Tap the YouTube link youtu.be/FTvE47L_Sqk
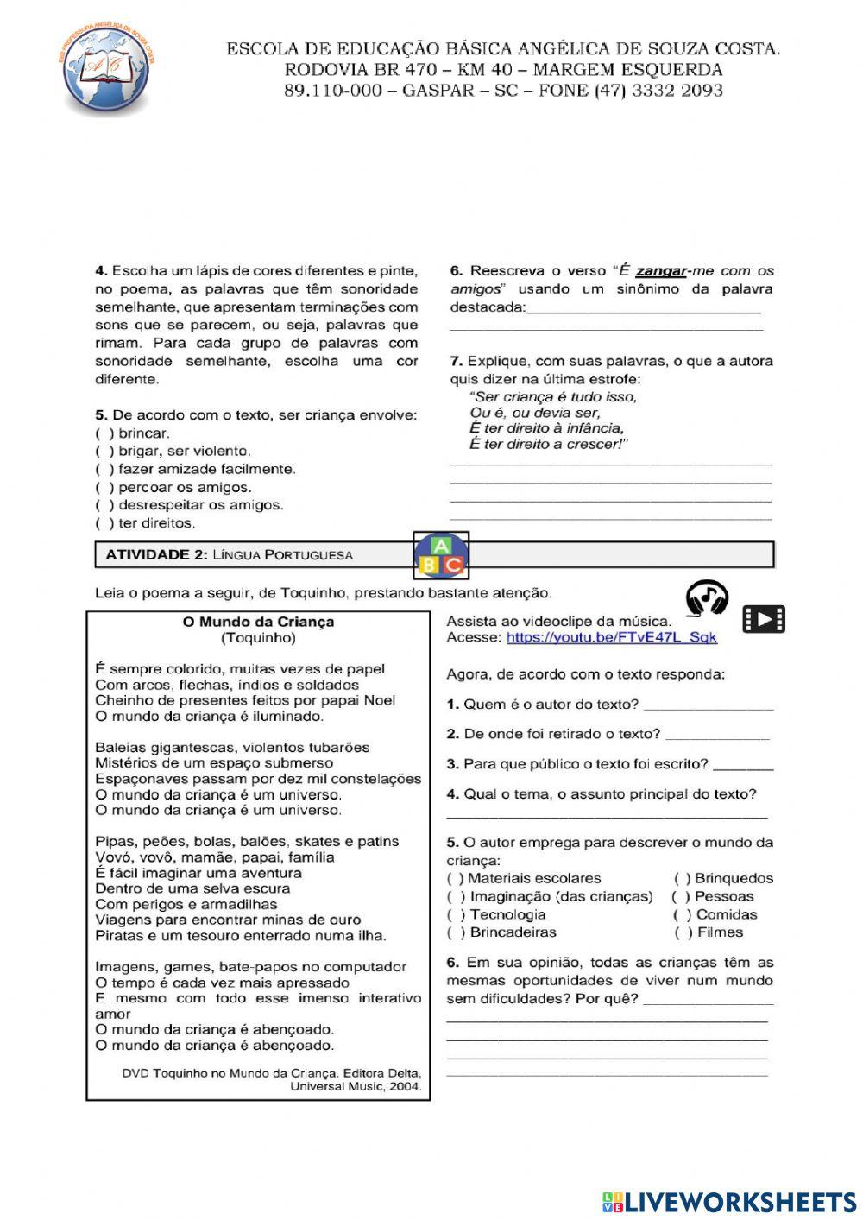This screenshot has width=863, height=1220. coord(611,637)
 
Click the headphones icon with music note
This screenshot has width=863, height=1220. coord(707,597)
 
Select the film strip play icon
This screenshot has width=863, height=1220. coord(764,618)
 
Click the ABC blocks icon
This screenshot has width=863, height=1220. coord(441,555)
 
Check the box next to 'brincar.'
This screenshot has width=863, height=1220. coord(104,433)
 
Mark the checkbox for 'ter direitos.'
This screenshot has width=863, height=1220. coord(104,523)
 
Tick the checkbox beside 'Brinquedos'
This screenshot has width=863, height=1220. coord(683,878)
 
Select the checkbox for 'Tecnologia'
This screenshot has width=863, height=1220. coord(456,914)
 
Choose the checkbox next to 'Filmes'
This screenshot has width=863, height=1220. coord(683,932)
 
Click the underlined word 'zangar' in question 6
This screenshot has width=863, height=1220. coord(661,271)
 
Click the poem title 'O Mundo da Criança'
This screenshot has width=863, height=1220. coord(258,622)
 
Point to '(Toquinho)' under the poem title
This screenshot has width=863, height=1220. coord(258,638)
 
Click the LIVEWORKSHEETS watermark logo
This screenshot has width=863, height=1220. coord(729,1201)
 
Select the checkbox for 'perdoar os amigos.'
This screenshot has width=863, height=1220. coord(104,487)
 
